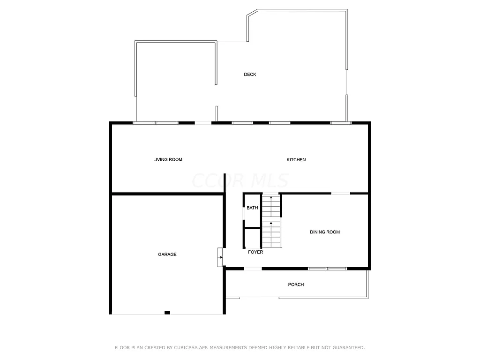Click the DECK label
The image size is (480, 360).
(250, 75)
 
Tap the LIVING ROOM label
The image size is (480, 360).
(168, 160)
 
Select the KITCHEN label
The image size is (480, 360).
(296, 160)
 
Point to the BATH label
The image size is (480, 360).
(252, 208)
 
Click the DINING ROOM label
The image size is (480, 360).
(325, 232)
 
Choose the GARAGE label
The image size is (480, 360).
(167, 255)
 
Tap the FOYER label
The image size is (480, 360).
(255, 252)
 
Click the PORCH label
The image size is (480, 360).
(296, 285)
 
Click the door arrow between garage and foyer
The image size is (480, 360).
(220, 257)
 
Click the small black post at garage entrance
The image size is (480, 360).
(167, 313)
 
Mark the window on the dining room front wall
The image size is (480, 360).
(327, 269)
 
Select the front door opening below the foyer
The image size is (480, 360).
(253, 269)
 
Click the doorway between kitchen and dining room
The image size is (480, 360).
(341, 193)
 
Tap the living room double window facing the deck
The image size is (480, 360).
(156, 123)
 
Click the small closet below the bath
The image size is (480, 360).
(252, 238)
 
